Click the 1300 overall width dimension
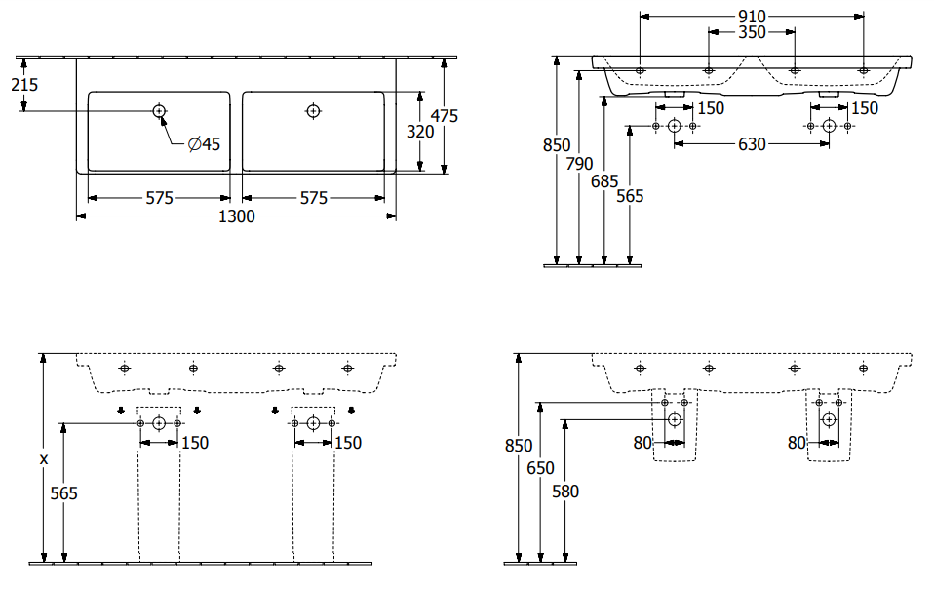click(237, 216)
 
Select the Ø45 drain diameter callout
click(204, 144)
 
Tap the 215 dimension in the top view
click(24, 85)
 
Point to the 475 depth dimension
click(444, 115)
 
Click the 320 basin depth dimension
click(419, 132)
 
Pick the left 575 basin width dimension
click(159, 198)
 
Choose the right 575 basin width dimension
click(313, 198)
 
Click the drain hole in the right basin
click(313, 111)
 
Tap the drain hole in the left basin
click(159, 111)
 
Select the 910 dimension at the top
click(752, 16)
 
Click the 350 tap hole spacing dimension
click(752, 31)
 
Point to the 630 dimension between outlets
click(752, 144)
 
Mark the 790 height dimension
click(580, 163)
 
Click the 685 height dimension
click(604, 180)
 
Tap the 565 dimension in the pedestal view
click(63, 493)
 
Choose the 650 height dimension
click(539, 468)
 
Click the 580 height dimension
click(564, 492)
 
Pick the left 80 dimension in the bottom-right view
click(642, 443)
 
